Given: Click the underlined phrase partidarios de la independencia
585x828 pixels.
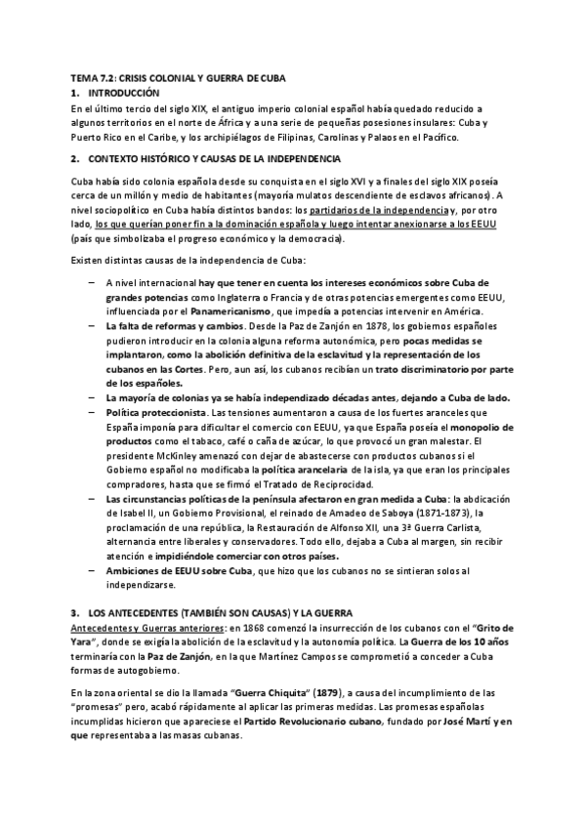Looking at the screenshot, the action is [360, 210].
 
